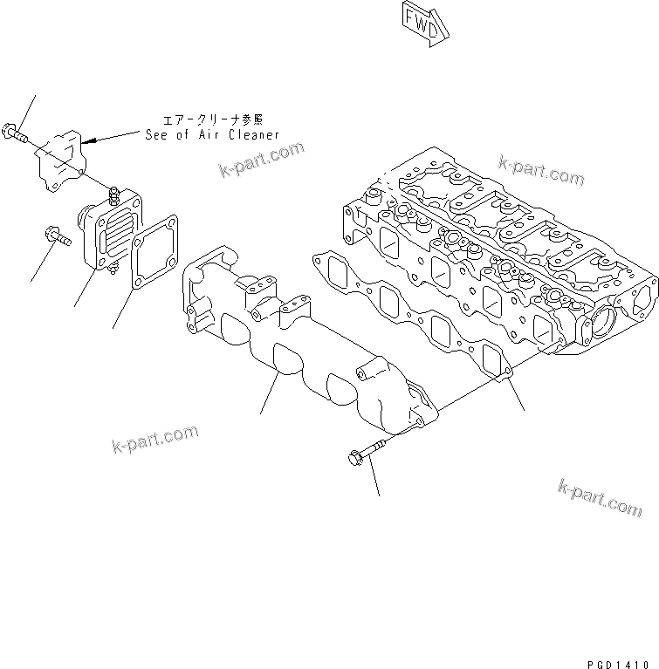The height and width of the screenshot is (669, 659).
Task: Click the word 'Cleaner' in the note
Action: [x=251, y=134]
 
